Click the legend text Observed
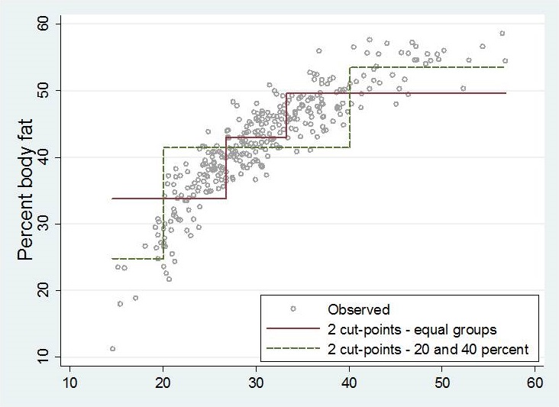[359, 309]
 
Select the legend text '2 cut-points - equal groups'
[412, 330]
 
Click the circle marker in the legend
[292, 309]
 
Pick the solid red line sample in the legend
[292, 330]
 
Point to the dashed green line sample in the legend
[292, 350]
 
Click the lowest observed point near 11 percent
[113, 349]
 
